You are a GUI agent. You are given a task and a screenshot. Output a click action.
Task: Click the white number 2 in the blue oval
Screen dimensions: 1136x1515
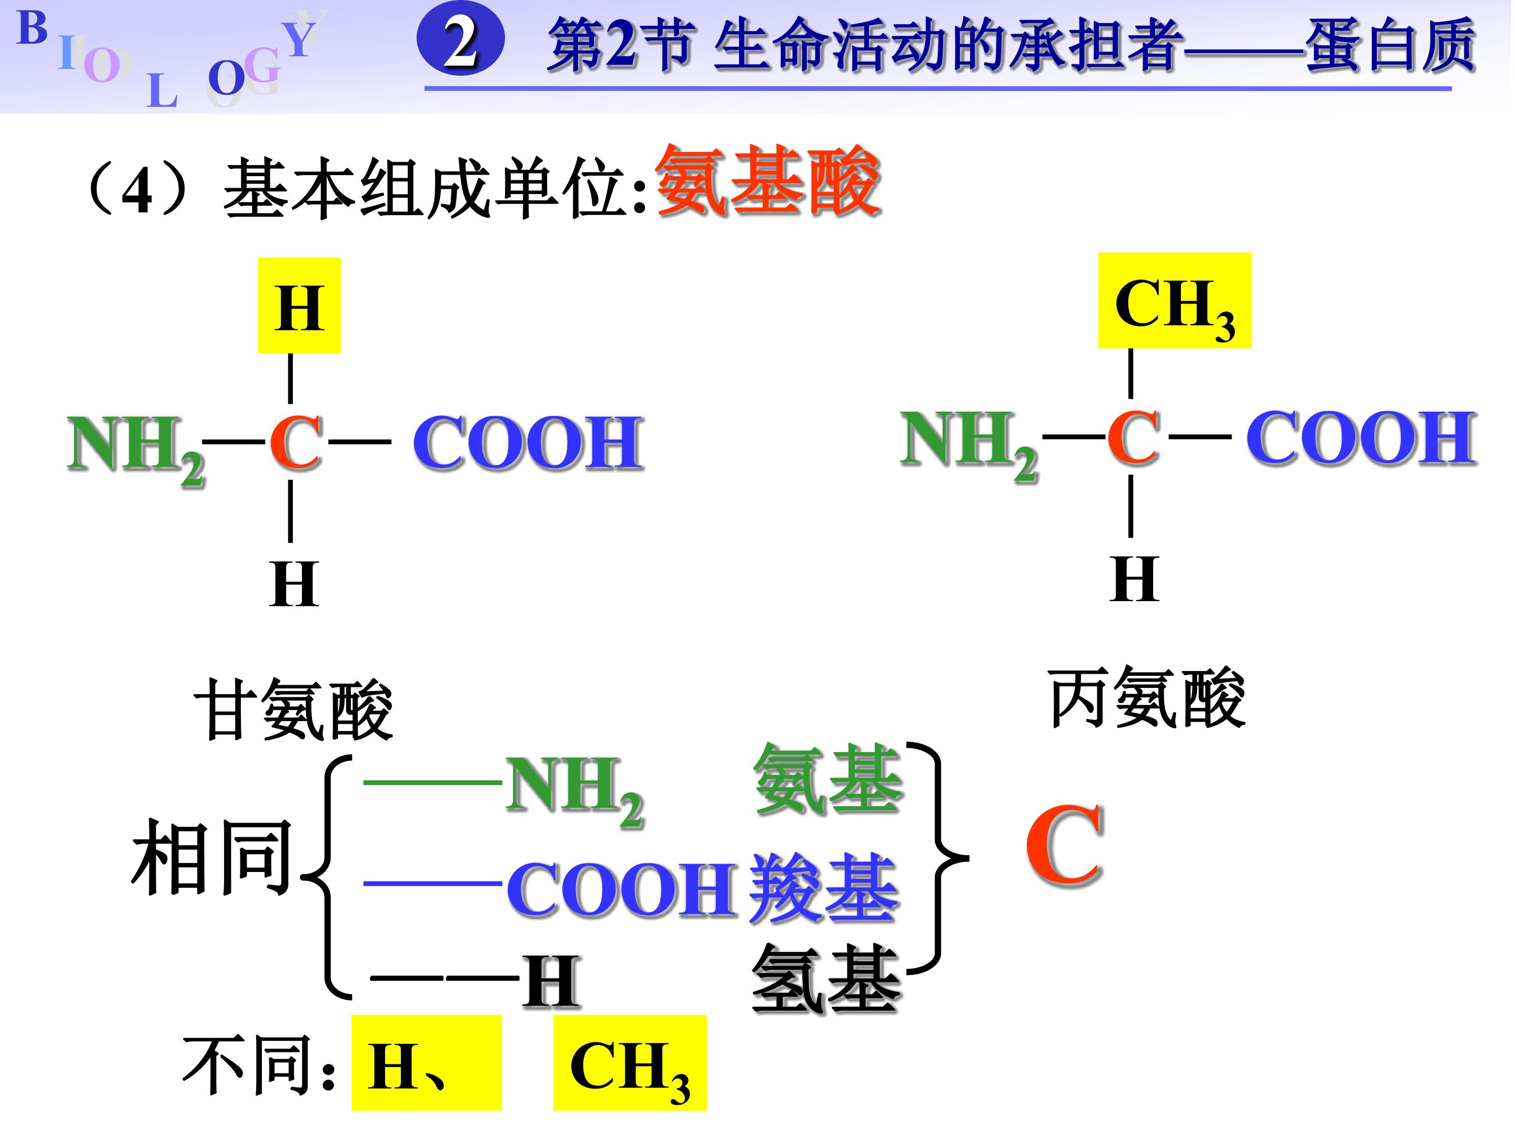460,43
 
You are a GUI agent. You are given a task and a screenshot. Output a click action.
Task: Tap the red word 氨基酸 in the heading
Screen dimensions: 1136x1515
767,181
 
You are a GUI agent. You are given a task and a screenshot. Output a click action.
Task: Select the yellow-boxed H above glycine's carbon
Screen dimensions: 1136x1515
299,306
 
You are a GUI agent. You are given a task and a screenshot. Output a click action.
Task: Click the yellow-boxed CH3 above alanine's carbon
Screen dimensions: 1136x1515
1174,301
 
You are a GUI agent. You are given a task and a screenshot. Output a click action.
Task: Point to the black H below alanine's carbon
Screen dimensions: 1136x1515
1134,579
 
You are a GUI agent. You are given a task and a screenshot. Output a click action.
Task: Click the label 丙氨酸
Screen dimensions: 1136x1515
1147,698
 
